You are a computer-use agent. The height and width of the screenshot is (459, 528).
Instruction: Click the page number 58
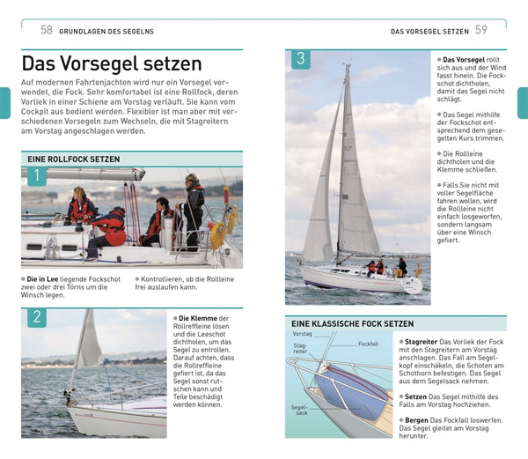pos(47,30)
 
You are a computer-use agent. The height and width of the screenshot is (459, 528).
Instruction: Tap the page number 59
pos(481,30)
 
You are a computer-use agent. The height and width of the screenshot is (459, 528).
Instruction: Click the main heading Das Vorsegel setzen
pos(112,64)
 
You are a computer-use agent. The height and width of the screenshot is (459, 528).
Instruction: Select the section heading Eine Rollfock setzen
pos(74,159)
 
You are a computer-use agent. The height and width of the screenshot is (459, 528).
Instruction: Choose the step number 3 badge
pos(300,60)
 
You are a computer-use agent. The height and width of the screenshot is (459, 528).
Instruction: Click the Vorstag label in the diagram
pos(302,335)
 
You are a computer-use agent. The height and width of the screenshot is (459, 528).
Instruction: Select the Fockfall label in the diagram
pos(368,343)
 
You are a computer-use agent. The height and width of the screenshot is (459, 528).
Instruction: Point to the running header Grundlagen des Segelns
pos(106,32)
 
